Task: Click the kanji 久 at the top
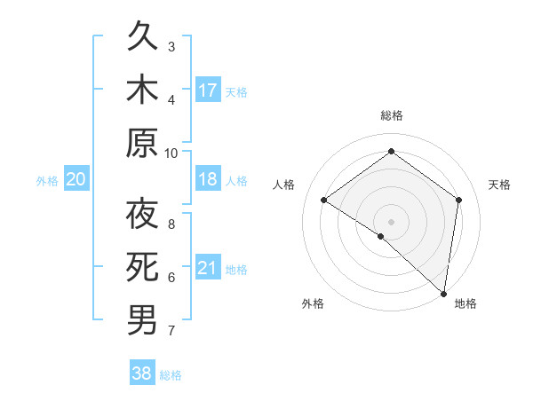point(143,39)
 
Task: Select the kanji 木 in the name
point(143,90)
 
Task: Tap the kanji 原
point(143,143)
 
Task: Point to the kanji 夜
point(143,216)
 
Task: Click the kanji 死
point(143,267)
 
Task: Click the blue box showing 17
point(208,90)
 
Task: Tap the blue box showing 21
point(208,268)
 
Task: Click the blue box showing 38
point(143,374)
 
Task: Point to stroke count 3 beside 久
point(171,46)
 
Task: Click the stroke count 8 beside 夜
point(171,224)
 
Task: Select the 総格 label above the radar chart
point(392,115)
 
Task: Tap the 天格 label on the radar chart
point(500,185)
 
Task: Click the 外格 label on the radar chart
point(313,303)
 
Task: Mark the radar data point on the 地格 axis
point(443,293)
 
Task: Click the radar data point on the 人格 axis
point(324,200)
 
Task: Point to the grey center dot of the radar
point(392,221)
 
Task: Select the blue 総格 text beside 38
point(171,375)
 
